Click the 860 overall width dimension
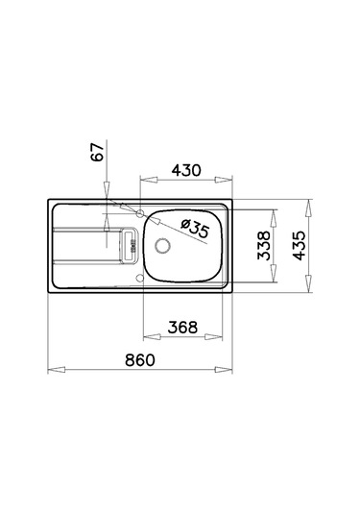(x=140, y=359)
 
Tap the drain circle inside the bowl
(x=161, y=245)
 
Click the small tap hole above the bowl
(x=140, y=211)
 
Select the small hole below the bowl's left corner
(x=140, y=280)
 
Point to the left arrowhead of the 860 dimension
(x=52, y=370)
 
